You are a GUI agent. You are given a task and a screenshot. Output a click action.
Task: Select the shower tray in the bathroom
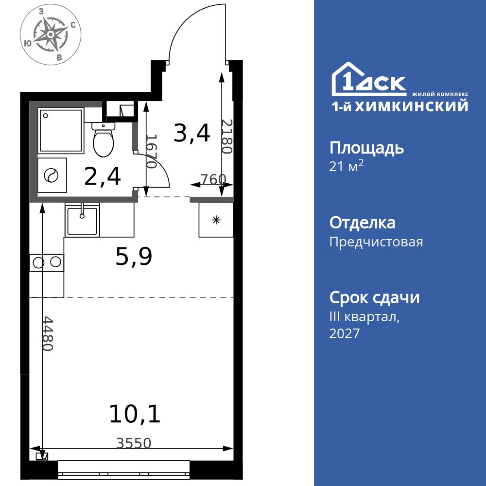pyautogui.click(x=61, y=130)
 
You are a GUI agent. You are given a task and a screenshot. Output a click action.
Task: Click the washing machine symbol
pyautogui.click(x=52, y=175)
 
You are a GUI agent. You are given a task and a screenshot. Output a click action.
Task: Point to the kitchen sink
pyautogui.click(x=82, y=220)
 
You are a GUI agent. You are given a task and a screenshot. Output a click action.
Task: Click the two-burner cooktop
pyautogui.click(x=47, y=263)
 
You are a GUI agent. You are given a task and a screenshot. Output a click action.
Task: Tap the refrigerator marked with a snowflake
pyautogui.click(x=216, y=220)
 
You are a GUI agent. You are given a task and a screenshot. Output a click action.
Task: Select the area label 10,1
pyautogui.click(x=134, y=414)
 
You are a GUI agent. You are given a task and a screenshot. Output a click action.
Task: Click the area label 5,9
pyautogui.click(x=134, y=257)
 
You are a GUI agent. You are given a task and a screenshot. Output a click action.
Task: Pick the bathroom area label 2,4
pyautogui.click(x=102, y=176)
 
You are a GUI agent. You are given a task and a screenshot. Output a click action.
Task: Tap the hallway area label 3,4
pyautogui.click(x=192, y=133)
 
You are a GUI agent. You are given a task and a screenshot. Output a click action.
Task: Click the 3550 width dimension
pyautogui.click(x=134, y=443)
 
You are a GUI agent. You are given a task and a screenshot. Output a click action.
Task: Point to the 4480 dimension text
pyautogui.click(x=48, y=333)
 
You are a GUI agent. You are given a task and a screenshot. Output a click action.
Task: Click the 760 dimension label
pyautogui.click(x=213, y=179)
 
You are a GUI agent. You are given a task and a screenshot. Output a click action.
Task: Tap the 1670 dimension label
pyautogui.click(x=151, y=152)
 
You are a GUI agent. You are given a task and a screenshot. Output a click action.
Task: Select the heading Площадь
pyautogui.click(x=366, y=148)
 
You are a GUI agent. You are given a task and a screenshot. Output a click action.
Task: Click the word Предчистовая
pyautogui.click(x=376, y=242)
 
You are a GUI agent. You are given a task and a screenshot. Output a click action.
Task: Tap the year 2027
pyautogui.click(x=345, y=334)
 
